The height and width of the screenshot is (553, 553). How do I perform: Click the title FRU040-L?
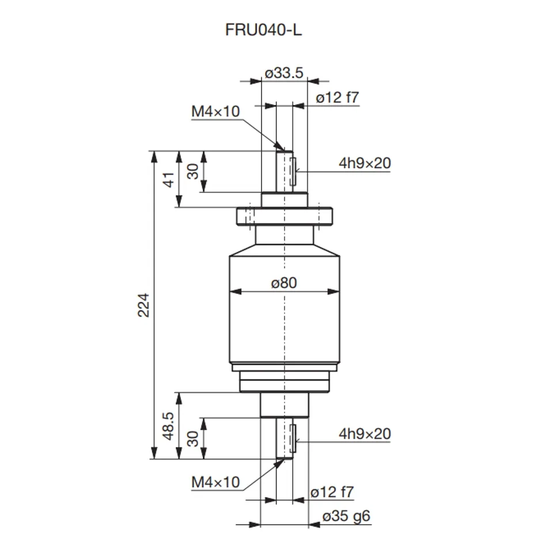[x=263, y=30]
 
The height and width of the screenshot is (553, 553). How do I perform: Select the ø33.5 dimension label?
[x=284, y=73]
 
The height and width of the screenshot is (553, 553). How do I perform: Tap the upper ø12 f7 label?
[x=338, y=98]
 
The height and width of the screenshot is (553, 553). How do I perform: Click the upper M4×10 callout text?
[x=215, y=112]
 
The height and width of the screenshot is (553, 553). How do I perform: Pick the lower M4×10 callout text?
[x=215, y=482]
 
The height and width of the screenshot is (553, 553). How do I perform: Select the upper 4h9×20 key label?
[x=365, y=164]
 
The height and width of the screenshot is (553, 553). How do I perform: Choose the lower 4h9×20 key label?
[x=365, y=434]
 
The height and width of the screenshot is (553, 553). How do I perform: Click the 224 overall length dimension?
[x=143, y=305]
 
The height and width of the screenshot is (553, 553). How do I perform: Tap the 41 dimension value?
[x=169, y=179]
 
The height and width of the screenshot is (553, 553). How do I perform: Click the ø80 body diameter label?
[x=284, y=283]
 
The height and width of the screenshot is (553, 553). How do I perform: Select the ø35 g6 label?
[x=346, y=517]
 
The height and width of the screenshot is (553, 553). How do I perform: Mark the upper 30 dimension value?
[x=193, y=171]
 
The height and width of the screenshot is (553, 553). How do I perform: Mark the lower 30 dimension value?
[x=193, y=438]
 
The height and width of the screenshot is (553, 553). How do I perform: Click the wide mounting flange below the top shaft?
[x=285, y=217]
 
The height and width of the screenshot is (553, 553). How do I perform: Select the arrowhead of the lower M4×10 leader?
[x=281, y=461]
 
